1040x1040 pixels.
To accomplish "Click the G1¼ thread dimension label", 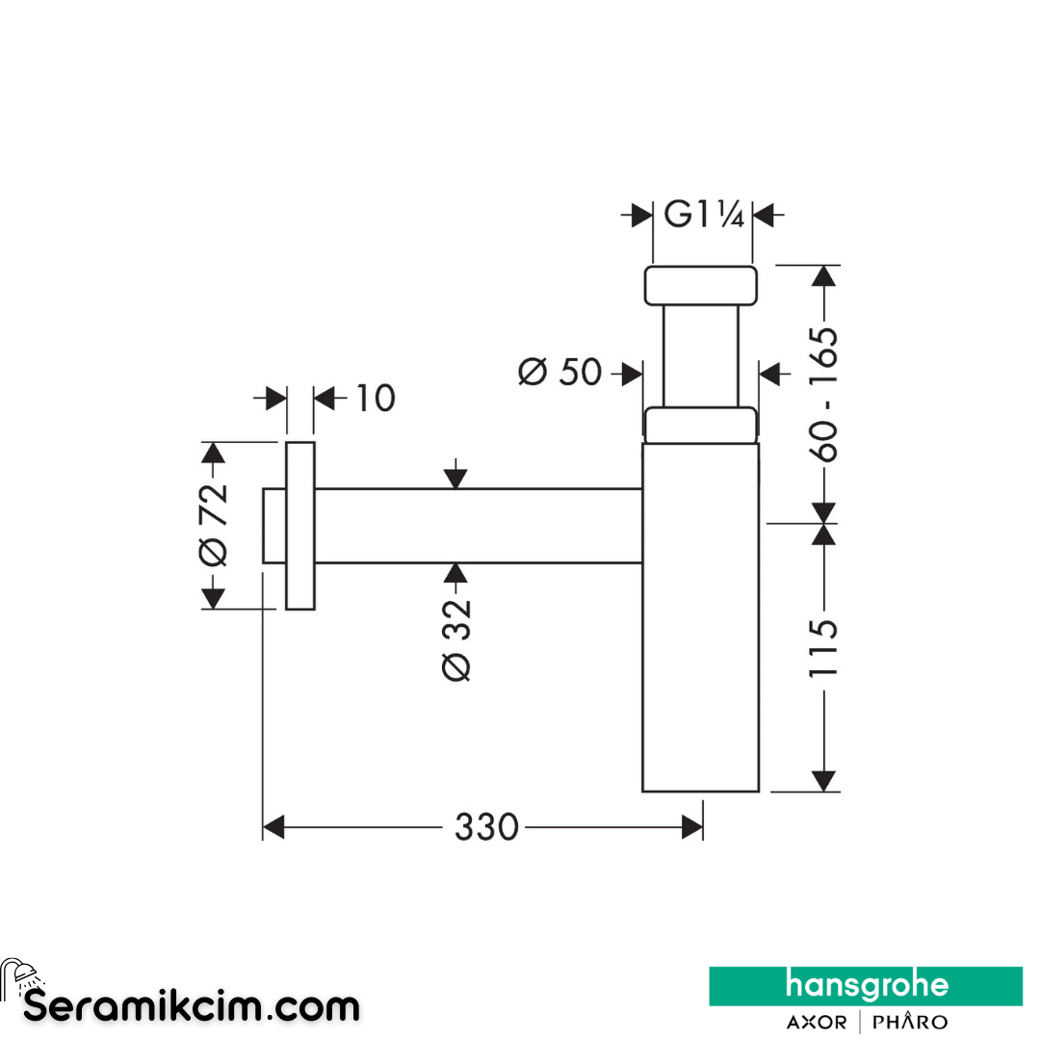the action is tap(704, 214).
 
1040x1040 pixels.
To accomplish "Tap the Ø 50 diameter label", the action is tap(559, 372).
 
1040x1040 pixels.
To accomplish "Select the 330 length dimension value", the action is tap(486, 827).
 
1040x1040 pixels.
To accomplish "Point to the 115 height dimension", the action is tap(823, 648).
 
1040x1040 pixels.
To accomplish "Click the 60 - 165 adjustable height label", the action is tap(823, 394).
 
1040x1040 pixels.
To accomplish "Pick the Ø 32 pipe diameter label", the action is tap(456, 640).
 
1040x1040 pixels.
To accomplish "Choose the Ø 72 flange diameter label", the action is tap(213, 525).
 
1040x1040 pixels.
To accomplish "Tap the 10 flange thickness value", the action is tap(376, 398).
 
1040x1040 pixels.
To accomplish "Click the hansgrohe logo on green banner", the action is tap(866, 986).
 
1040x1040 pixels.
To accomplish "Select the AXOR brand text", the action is tap(816, 1022).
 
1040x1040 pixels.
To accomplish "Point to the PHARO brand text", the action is tap(909, 1022).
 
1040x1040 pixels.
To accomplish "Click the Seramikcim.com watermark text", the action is tap(191, 1006).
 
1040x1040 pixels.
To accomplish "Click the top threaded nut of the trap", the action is tap(700, 286).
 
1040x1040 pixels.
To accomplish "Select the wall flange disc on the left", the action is tap(300, 526).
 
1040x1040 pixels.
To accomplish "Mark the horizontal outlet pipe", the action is tap(479, 526).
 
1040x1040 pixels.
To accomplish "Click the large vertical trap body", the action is tap(700, 617).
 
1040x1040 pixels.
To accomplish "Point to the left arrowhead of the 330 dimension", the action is tap(273, 827).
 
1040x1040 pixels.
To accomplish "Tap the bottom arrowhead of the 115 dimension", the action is tap(823, 781).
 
